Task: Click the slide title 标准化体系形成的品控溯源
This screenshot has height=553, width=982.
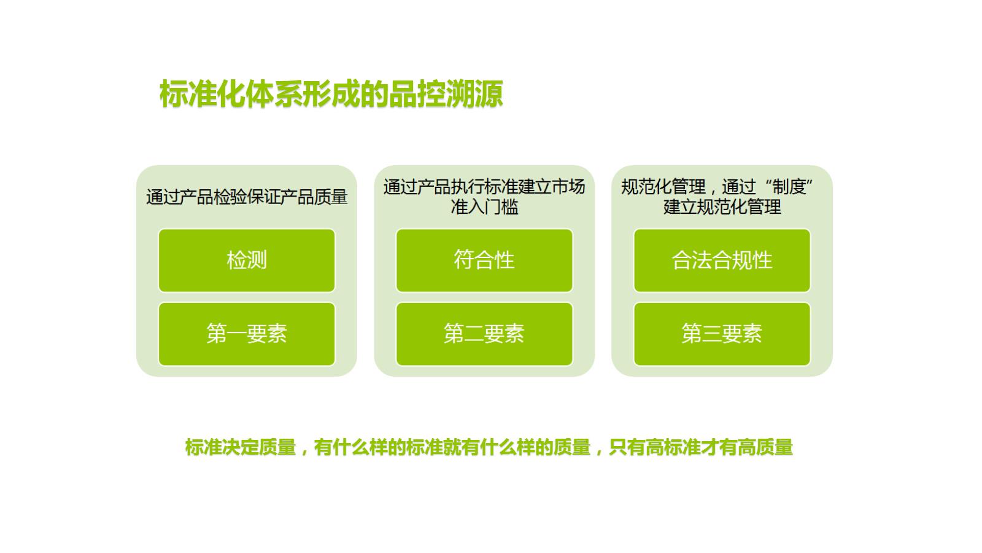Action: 331,94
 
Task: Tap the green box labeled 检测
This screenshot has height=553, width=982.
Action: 247,261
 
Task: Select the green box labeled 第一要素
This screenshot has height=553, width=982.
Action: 247,334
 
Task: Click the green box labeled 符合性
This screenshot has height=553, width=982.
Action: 484,261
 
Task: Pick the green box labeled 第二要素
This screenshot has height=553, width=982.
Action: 484,334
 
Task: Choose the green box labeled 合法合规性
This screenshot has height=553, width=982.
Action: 722,261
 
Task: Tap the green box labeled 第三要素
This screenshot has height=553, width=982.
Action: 722,334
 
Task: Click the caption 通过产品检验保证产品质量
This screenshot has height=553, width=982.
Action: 247,197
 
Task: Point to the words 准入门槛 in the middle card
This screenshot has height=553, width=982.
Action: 484,206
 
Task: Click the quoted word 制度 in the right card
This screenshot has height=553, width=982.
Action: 789,187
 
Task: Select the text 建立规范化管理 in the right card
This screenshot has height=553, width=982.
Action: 722,206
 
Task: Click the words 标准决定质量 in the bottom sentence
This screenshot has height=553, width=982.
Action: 241,447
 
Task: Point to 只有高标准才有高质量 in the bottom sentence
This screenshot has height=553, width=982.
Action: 701,447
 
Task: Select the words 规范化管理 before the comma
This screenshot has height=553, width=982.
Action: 663,187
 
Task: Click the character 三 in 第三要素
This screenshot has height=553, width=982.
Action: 712,334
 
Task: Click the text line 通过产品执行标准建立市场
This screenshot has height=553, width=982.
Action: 484,187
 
